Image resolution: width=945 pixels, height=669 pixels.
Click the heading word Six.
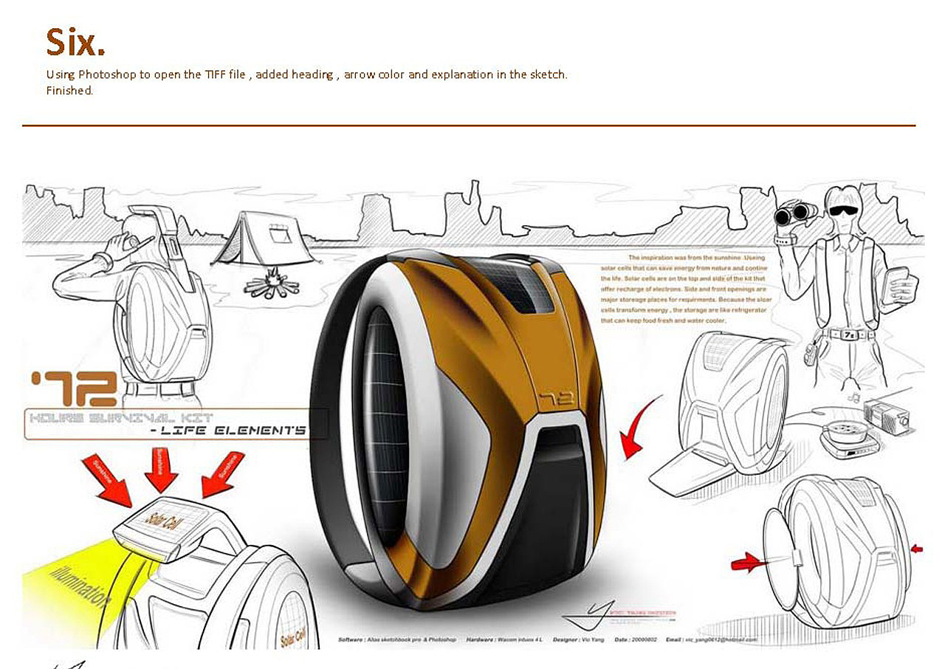click(75, 42)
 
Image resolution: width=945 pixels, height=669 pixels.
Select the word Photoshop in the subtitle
click(105, 75)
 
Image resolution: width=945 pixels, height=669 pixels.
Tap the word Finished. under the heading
click(69, 91)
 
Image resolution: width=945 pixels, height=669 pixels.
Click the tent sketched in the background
click(265, 238)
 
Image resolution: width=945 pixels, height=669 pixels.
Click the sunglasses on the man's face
click(843, 209)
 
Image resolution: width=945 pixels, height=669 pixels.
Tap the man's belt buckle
click(850, 334)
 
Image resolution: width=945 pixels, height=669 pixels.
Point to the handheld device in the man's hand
click(899, 284)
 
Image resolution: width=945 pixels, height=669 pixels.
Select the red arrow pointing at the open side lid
click(747, 563)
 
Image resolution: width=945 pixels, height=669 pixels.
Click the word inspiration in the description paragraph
click(670, 258)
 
